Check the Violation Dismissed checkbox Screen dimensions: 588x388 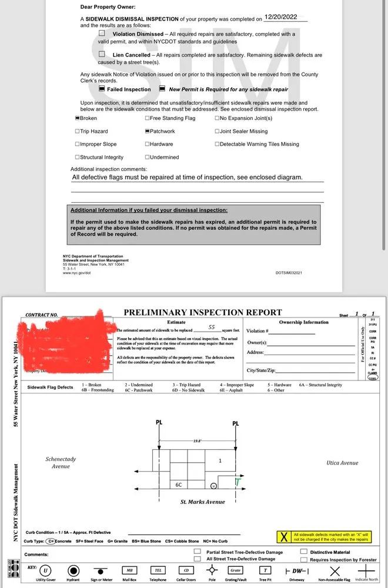pos(102,34)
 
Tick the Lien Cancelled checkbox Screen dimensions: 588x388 pos(102,55)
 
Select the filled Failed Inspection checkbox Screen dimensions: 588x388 pos(102,89)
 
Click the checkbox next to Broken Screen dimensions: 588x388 pos(77,118)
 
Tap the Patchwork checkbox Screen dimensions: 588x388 pos(147,131)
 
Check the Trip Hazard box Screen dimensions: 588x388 pos(77,131)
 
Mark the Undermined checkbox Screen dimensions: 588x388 pos(147,157)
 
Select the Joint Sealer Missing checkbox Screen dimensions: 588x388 pos(217,131)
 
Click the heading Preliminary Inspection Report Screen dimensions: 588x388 pos(203,312)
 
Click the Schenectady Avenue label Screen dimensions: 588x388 pos(61,463)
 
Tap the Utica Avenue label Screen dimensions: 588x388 pos(342,463)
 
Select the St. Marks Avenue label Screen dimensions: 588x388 pos(203,502)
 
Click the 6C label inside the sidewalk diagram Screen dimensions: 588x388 pos(179,485)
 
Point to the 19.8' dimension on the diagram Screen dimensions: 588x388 pos(196,440)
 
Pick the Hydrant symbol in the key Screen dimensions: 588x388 pos(73,571)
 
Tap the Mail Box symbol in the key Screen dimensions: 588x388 pos(130,570)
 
